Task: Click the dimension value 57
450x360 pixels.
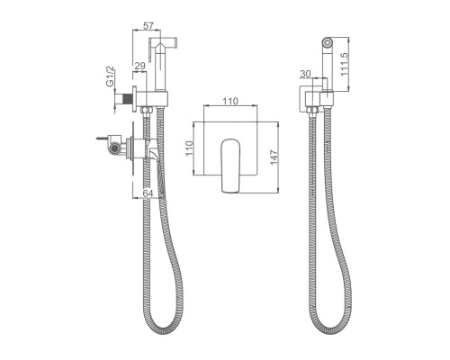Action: (x=148, y=26)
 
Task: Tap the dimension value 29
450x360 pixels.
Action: (x=139, y=66)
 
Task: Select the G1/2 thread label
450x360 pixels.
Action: (x=110, y=76)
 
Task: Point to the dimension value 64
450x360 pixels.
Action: (x=148, y=193)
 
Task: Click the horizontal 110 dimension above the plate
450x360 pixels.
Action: (x=230, y=101)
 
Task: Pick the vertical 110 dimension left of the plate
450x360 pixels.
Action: (x=189, y=148)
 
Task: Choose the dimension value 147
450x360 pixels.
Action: (x=274, y=157)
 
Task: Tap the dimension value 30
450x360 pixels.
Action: (x=305, y=74)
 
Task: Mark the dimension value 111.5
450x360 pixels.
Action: (x=344, y=64)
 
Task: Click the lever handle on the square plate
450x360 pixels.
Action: (x=230, y=166)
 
